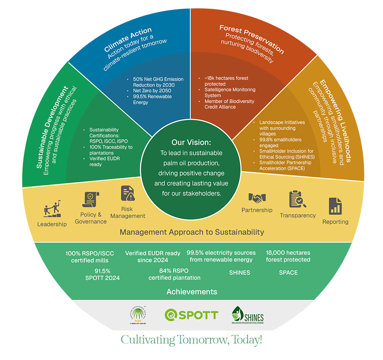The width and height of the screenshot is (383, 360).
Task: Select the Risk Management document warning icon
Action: click(x=128, y=193)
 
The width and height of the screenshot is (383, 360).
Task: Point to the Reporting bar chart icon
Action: click(x=335, y=206)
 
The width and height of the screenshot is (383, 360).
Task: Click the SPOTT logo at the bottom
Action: click(x=191, y=315)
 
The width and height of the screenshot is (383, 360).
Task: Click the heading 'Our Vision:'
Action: click(x=191, y=142)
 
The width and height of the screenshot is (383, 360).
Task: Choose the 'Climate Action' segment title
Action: click(x=128, y=40)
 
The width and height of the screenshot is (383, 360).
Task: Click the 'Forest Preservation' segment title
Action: click(x=252, y=39)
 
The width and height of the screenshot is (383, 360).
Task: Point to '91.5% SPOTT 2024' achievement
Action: click(x=102, y=275)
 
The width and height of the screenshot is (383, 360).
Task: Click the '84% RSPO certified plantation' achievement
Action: click(x=174, y=275)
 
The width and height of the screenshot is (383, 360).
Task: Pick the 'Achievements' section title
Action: click(x=191, y=292)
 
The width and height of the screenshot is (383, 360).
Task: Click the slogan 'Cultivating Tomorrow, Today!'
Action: click(x=191, y=340)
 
